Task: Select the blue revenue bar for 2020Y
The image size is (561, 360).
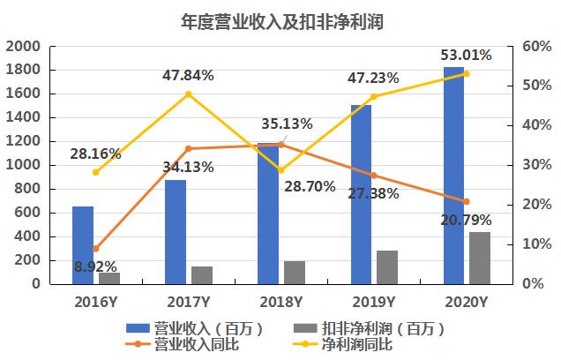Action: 453,176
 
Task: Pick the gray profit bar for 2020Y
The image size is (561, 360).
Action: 479,258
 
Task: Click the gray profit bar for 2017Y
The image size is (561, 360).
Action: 202,275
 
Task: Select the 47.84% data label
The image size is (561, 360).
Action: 188,75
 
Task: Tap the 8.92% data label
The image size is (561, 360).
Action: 95,266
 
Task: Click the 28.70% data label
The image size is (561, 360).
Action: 308,187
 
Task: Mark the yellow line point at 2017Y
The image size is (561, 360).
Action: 189,94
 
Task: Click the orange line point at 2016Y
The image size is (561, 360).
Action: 95,249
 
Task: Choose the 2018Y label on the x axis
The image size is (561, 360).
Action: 280,303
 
